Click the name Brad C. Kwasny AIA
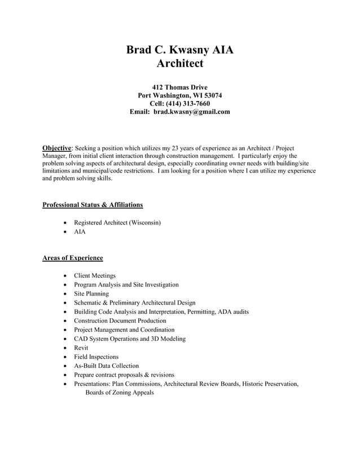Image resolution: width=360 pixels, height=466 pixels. point(179,50)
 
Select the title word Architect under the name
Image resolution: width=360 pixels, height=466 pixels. point(179,64)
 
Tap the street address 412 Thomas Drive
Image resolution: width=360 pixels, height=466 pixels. point(180,87)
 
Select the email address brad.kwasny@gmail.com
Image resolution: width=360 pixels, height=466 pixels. point(192,112)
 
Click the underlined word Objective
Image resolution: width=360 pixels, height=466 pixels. point(57,148)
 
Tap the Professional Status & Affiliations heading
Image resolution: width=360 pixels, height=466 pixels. point(93,205)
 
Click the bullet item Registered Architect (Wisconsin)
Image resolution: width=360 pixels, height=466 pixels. point(117,223)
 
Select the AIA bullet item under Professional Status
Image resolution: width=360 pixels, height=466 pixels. point(80,232)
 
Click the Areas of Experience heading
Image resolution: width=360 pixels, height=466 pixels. point(73,258)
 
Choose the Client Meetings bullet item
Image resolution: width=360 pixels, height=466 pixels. point(95,276)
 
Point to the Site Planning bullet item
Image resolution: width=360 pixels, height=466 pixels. point(91,294)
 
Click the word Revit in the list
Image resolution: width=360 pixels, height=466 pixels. point(81,348)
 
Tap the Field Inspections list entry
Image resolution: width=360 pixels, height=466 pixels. point(96,357)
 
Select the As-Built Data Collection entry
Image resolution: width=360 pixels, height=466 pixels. point(106,366)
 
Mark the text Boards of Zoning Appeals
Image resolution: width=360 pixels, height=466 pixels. point(119,393)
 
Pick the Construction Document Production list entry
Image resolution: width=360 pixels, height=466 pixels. point(120,321)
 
